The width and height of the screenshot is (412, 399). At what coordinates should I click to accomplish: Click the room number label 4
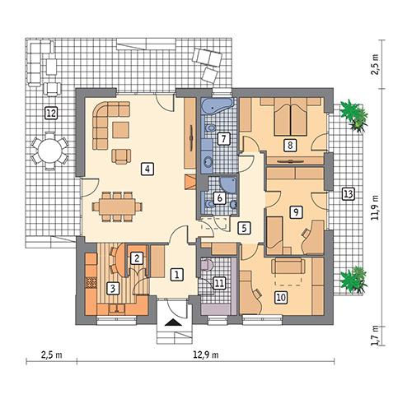click(147, 169)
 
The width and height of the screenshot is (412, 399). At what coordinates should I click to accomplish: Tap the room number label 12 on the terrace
click(51, 113)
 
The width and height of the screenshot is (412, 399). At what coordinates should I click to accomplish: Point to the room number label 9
click(295, 211)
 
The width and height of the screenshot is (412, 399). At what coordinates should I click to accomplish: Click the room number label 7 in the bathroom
click(222, 138)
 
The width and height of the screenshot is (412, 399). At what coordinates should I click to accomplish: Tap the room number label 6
click(219, 197)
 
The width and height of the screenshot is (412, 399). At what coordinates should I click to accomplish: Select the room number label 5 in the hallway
click(243, 228)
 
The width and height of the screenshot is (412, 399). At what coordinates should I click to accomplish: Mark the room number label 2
click(138, 257)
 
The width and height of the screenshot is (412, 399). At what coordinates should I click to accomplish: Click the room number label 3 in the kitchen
click(115, 287)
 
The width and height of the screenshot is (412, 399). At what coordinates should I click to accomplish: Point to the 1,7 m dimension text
click(375, 335)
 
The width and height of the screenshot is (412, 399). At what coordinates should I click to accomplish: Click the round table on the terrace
click(49, 150)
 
